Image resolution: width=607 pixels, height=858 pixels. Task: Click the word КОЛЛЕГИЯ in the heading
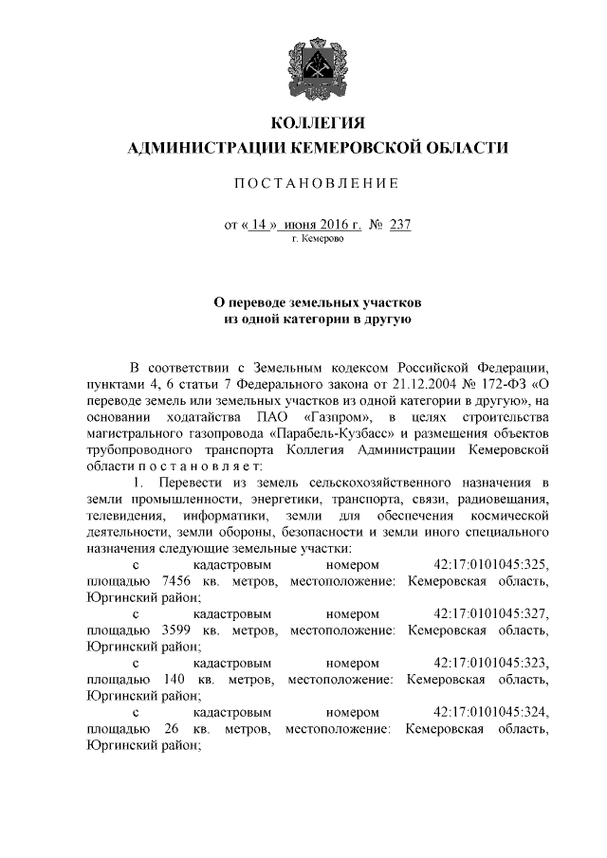pyautogui.click(x=319, y=124)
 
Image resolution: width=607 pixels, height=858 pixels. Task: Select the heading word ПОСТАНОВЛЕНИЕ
pyautogui.click(x=319, y=182)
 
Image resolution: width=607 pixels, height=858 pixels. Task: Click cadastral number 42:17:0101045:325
pyautogui.click(x=491, y=565)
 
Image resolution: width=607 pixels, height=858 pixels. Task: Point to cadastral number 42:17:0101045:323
pyautogui.click(x=491, y=664)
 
